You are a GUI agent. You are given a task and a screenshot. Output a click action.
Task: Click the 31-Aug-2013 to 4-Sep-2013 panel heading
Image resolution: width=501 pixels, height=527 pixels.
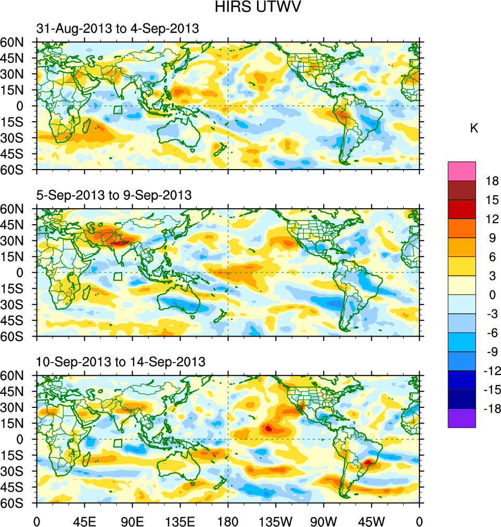(117, 29)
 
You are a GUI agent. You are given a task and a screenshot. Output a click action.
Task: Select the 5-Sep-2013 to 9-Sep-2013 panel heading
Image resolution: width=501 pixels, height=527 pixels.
(114, 196)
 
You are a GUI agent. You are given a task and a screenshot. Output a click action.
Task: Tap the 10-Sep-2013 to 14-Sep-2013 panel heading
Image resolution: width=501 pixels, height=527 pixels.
(121, 362)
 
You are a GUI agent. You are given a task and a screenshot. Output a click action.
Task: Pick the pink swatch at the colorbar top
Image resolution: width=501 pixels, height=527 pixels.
(461, 171)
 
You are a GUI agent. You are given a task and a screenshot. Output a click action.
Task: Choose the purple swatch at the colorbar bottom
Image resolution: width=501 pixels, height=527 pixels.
(461, 418)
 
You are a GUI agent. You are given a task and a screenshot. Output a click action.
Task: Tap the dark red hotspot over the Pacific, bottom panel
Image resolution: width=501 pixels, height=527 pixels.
(268, 429)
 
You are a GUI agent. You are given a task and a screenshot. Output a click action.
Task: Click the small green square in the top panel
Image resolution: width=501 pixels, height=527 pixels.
(118, 110)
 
